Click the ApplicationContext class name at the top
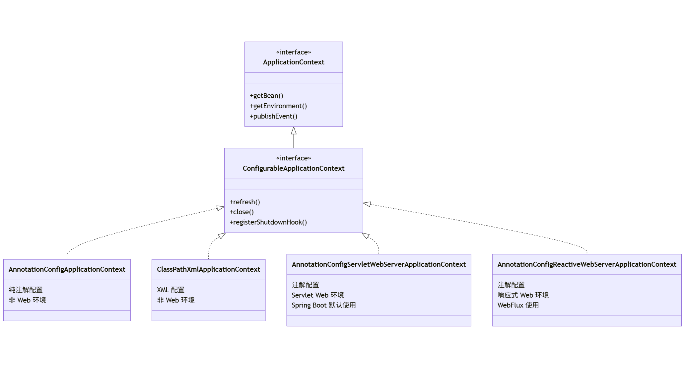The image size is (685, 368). (294, 62)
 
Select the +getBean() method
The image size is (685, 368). (266, 96)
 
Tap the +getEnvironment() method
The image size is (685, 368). (278, 106)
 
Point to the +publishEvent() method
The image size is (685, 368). (273, 116)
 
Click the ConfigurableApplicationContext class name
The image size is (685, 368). (294, 168)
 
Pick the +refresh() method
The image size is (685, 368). (245, 202)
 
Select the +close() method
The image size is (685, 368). (241, 212)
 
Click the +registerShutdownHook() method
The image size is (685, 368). (268, 222)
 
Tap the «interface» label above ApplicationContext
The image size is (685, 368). (294, 52)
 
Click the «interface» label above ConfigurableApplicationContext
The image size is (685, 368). (294, 158)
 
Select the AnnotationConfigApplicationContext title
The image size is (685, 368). (67, 269)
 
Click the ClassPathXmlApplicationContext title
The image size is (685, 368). (208, 269)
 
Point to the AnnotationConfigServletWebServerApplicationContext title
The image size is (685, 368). (378, 264)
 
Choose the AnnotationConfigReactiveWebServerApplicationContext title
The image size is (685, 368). (586, 264)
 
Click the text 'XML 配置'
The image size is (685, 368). (171, 290)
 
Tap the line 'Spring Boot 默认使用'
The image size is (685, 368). (323, 305)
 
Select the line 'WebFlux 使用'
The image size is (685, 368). (518, 305)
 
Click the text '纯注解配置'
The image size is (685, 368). (26, 290)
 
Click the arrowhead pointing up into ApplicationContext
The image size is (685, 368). (294, 131)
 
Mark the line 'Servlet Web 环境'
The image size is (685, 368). (317, 295)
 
